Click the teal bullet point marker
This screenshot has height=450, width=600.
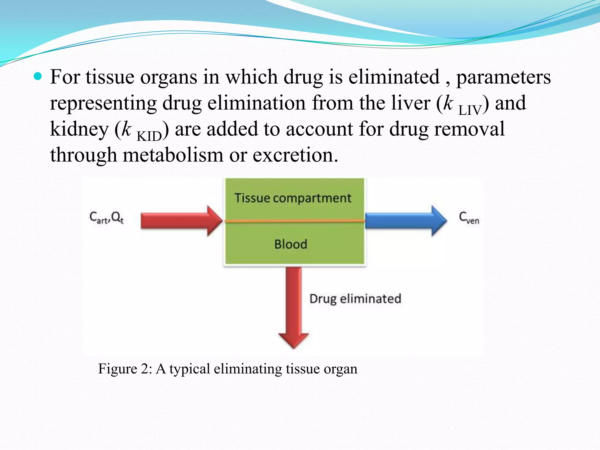coord(38,76)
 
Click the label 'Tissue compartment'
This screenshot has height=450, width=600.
coord(293,198)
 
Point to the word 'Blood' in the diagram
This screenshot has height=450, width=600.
coord(291,244)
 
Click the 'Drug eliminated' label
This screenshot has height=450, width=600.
coord(355,299)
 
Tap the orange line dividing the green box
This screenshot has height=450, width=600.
coord(294,221)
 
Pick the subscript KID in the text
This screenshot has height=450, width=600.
coord(149,136)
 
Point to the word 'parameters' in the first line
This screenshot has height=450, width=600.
coord(503,77)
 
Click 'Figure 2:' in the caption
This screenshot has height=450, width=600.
coord(125,369)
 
